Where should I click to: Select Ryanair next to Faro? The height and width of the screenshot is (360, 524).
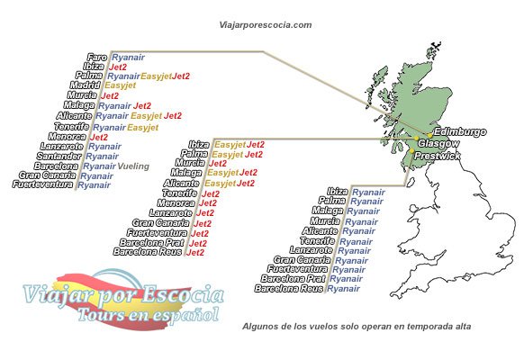pyautogui.click(x=127, y=56)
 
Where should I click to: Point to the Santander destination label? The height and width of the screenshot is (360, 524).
pyautogui.click(x=59, y=156)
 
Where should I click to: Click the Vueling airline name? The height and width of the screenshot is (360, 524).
pyautogui.click(x=132, y=166)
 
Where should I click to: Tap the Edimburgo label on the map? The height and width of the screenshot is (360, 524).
pyautogui.click(x=458, y=132)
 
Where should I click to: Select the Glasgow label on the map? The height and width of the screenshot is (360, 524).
pyautogui.click(x=439, y=144)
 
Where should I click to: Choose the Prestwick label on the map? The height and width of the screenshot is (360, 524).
pyautogui.click(x=438, y=156)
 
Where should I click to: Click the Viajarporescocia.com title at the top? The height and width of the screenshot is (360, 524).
pyautogui.click(x=267, y=26)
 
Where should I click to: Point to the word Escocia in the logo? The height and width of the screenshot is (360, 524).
pyautogui.click(x=179, y=293)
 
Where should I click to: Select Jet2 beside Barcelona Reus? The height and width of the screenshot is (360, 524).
pyautogui.click(x=194, y=253)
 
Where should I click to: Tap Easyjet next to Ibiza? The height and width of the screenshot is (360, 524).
pyautogui.click(x=230, y=144)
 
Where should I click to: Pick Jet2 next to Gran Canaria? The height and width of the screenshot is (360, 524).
pyautogui.click(x=203, y=223)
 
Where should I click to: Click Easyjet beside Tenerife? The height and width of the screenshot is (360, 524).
pyautogui.click(x=143, y=126)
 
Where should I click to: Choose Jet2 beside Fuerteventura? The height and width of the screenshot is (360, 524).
pyautogui.click(x=198, y=233)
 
